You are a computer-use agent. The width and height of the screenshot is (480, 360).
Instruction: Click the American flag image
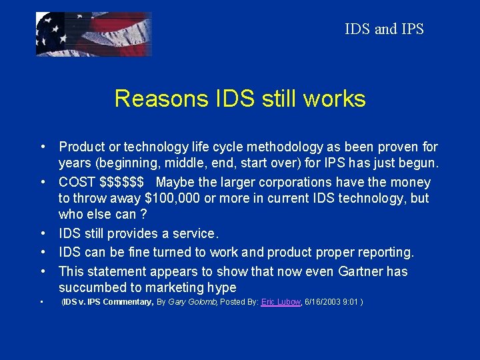(x=93, y=34)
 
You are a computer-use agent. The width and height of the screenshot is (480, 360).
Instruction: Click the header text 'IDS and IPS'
(x=384, y=29)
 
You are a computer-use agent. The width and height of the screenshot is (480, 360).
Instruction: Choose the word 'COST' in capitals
(x=77, y=182)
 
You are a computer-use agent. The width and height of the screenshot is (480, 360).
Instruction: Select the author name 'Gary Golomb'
(x=193, y=303)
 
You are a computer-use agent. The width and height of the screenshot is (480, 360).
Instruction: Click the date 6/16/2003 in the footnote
(x=324, y=303)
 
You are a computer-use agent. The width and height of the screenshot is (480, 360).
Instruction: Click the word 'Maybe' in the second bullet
(x=175, y=182)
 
